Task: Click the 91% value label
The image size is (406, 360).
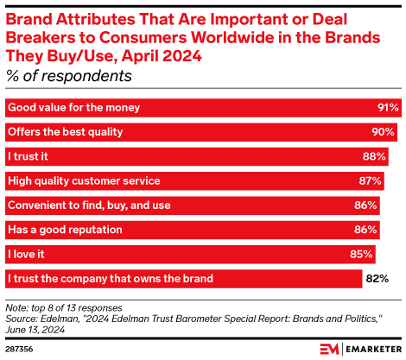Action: coord(388,108)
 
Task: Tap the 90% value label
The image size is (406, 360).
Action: coord(384,132)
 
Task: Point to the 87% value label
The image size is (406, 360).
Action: coord(371,180)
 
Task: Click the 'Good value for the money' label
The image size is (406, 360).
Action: coord(73,108)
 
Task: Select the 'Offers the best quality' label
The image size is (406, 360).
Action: coord(66,132)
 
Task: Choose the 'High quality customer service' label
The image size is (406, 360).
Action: coord(84,180)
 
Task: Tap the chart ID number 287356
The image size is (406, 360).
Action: coord(21,349)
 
